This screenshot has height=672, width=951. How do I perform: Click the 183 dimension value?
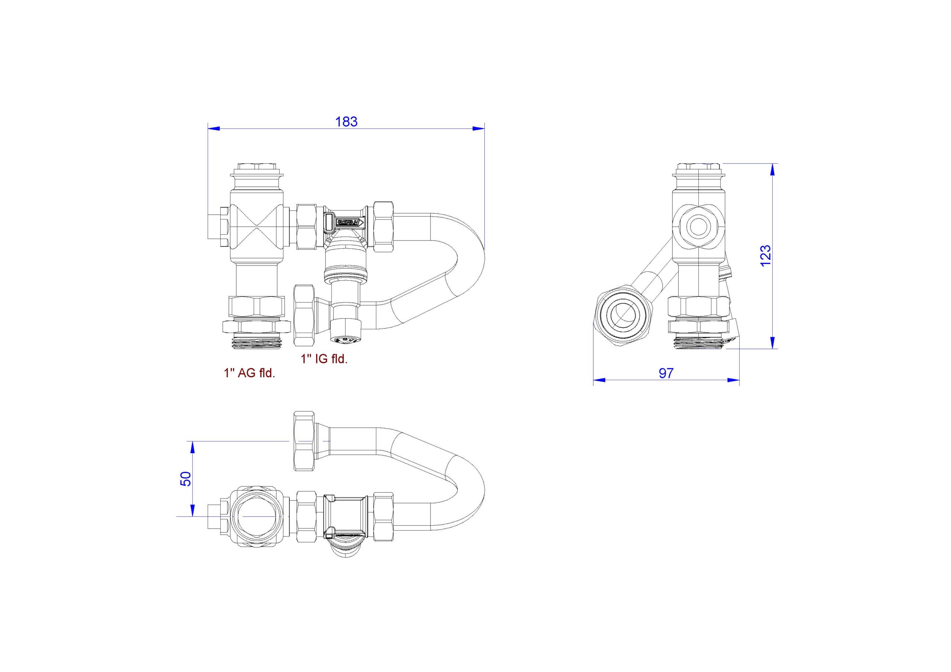click(346, 122)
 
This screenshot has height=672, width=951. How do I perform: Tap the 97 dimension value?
click(666, 373)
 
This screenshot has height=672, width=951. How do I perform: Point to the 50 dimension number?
click(186, 479)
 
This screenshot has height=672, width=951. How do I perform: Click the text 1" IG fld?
click(324, 359)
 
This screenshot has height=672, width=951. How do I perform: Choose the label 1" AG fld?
click(249, 373)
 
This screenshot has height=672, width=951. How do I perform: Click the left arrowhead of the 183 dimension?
click(213, 129)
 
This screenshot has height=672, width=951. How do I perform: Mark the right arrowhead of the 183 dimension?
click(478, 129)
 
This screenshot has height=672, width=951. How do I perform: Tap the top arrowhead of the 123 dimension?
click(772, 170)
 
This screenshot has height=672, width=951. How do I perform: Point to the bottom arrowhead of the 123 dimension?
click(772, 342)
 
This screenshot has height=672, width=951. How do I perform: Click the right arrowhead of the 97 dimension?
click(733, 380)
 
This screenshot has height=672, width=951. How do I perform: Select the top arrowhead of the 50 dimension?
click(192, 447)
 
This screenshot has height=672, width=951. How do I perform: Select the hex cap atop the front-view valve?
click(257, 168)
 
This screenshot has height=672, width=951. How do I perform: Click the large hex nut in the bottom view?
click(304, 441)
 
